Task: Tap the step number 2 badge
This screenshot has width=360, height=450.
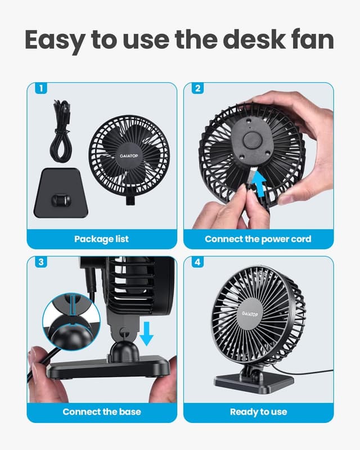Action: pyautogui.click(x=197, y=88)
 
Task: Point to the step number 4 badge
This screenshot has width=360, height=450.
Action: pyautogui.click(x=197, y=262)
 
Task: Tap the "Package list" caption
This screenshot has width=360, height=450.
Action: pyautogui.click(x=101, y=239)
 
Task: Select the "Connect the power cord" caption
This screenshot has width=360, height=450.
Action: pyautogui.click(x=258, y=239)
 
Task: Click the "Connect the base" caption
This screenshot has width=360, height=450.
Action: pyautogui.click(x=101, y=411)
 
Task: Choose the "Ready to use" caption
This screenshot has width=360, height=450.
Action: pyautogui.click(x=258, y=411)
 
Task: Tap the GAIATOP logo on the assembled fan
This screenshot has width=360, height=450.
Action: pyautogui.click(x=250, y=313)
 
